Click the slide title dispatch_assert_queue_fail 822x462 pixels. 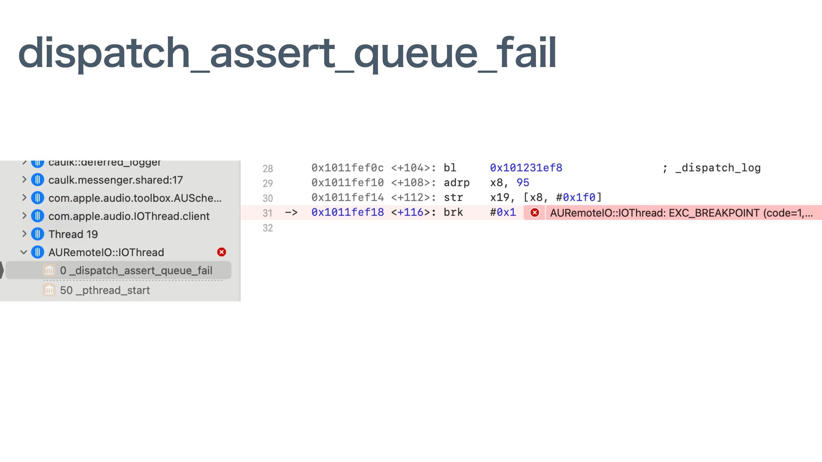(x=287, y=53)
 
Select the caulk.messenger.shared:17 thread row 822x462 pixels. (x=115, y=180)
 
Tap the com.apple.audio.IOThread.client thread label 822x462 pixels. (x=129, y=216)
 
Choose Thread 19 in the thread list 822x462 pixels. (x=73, y=234)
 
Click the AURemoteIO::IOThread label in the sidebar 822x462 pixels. (x=106, y=252)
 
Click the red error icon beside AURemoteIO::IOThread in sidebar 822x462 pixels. (x=221, y=252)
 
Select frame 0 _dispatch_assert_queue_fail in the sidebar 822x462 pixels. (x=136, y=270)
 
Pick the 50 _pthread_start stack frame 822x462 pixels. (x=104, y=290)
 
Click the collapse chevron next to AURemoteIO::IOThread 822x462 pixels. (x=24, y=252)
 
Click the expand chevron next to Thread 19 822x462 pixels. (x=24, y=234)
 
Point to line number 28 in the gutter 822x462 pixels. (x=268, y=169)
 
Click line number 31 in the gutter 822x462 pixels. (x=268, y=213)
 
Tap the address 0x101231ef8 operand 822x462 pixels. (x=526, y=168)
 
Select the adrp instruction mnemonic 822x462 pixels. (x=456, y=183)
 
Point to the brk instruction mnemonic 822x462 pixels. (x=453, y=212)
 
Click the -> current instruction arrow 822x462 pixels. (x=291, y=212)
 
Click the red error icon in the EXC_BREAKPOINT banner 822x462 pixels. (x=535, y=213)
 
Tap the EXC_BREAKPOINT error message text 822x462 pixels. (x=681, y=213)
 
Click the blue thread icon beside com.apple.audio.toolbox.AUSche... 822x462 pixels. (x=38, y=198)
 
